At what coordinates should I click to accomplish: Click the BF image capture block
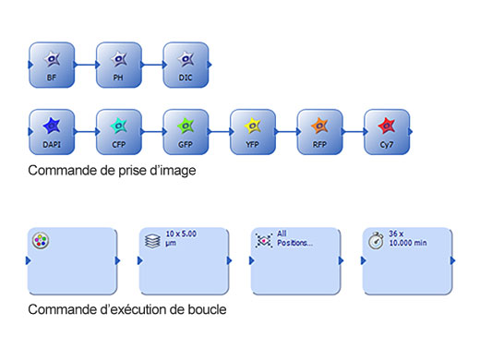pos(52,65)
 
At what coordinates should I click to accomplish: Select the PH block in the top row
pos(118,65)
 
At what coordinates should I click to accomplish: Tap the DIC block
pos(186,65)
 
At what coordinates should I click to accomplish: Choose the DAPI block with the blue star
pos(52,132)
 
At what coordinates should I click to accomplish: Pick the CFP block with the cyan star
pos(119,132)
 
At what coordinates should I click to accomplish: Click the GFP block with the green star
pos(186,132)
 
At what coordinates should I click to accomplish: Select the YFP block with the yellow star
pos(253,132)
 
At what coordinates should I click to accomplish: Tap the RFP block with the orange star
pos(319,132)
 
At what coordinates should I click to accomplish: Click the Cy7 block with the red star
pos(387,132)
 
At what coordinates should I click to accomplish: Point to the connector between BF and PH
pos(85,65)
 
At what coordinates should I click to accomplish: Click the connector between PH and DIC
pos(152,65)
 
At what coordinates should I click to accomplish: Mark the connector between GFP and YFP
pos(220,132)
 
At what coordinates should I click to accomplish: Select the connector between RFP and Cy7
pos(354,132)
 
